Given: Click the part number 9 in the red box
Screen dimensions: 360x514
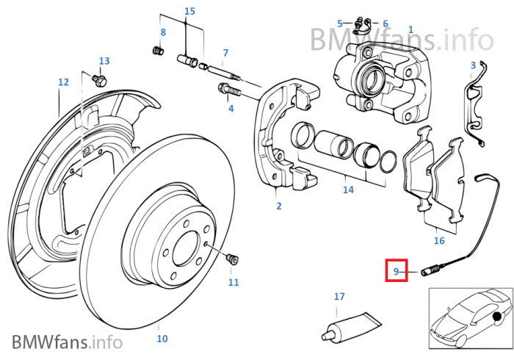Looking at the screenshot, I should click(396, 272).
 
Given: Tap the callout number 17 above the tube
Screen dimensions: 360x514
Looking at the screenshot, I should click(339, 297).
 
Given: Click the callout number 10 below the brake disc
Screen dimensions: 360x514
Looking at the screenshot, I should click(162, 339).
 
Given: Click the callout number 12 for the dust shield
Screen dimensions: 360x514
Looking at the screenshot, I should click(63, 82).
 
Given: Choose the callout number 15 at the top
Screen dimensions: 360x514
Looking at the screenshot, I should click(189, 11).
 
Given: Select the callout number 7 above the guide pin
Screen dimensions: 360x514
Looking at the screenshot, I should click(225, 53).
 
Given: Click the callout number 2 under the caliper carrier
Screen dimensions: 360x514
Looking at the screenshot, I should click(278, 206).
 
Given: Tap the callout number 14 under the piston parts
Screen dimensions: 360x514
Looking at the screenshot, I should click(348, 190).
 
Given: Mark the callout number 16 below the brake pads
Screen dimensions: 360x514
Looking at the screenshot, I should click(439, 240).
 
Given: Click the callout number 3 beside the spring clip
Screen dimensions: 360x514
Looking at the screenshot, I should click(474, 65).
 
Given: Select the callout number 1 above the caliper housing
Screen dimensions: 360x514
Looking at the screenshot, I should click(410, 30).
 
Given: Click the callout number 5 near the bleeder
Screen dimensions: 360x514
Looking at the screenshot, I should click(340, 24).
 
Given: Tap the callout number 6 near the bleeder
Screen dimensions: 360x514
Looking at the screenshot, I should click(385, 24).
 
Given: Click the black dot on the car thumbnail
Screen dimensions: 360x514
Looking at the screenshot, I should click(499, 317).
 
